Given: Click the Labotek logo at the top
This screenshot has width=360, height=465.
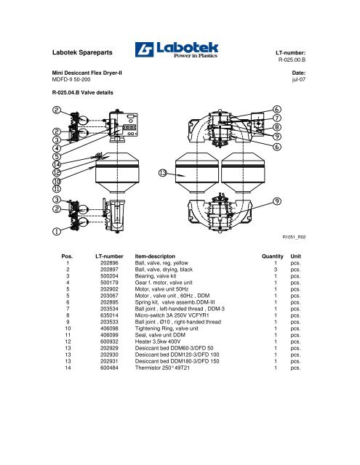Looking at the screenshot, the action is coord(177,49).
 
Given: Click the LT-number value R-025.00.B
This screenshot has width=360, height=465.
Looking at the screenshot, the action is coord(292,60).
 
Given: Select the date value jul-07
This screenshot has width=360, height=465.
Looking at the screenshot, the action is coord(299,79).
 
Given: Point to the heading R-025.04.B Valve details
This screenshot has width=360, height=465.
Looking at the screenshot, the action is coord(82,92).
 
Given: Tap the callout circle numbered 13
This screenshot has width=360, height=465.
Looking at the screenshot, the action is coord(163,173).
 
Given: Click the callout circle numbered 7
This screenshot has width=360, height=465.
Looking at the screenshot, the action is coord(277,118).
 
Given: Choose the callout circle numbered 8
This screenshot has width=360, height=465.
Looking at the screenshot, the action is coord(277,127).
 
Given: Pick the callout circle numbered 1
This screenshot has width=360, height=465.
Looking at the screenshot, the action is coord(57,231).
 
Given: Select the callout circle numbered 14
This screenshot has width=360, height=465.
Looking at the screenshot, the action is coord(57,165).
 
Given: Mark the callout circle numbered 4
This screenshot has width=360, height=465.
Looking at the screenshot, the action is coord(57,148).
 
